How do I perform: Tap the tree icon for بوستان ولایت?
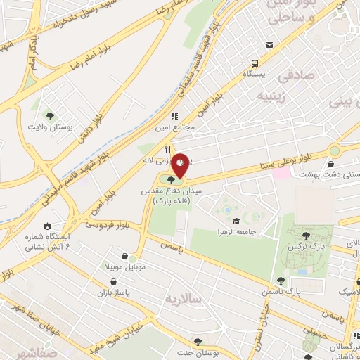50,115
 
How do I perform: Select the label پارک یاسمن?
303,290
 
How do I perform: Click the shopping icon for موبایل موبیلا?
124,257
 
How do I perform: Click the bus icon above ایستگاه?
269,46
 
